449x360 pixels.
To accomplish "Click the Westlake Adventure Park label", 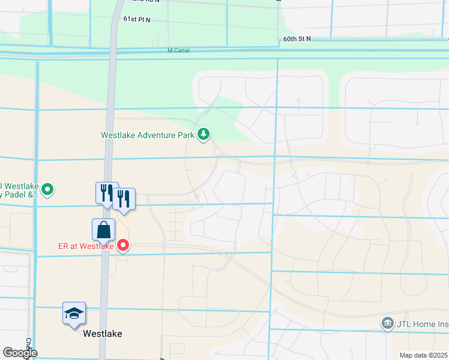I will [147, 135].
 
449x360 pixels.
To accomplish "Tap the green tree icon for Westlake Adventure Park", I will [204, 134].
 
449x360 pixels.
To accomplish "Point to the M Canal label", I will [178, 50].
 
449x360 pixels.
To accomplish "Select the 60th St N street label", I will [297, 38].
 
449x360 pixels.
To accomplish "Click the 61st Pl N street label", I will [137, 20].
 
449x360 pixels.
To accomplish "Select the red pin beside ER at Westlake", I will [124, 245].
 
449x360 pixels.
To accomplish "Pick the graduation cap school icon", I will [74, 313].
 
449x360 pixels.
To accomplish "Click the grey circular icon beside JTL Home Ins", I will [387, 324].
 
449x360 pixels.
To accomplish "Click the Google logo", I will [20, 353].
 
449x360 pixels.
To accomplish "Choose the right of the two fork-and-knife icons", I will [124, 199].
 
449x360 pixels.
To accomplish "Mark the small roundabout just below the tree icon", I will [217, 152].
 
